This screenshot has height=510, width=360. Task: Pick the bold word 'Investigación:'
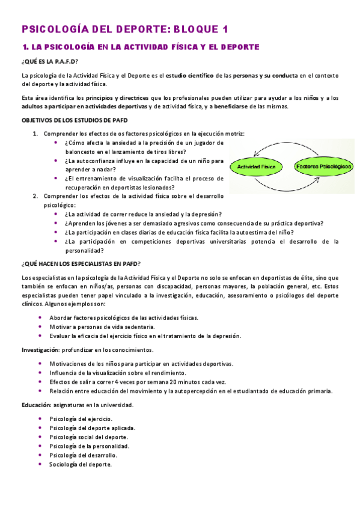coord(40,349)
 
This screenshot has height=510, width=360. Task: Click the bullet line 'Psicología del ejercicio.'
coord(81,419)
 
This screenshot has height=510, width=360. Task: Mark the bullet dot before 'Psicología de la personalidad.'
coord(40,446)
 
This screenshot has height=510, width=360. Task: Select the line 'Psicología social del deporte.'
coord(88,437)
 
